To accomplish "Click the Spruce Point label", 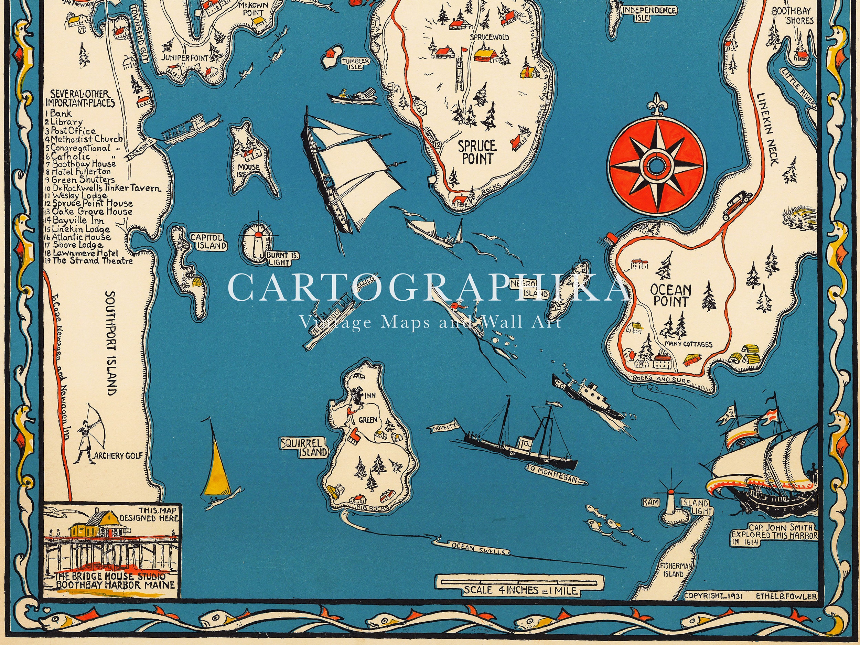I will click(474, 152).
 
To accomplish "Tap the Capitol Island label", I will click(208, 241).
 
